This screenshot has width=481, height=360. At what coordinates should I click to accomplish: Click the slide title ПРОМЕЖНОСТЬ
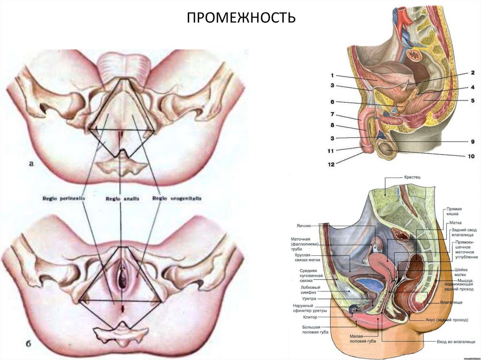pyautogui.click(x=241, y=18)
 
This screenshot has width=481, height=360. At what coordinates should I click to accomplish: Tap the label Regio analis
pyautogui.click(x=122, y=199)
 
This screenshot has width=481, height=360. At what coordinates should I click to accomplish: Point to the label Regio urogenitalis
pyautogui.click(x=177, y=199)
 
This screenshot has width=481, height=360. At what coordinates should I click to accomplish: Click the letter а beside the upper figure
pyautogui.click(x=31, y=164)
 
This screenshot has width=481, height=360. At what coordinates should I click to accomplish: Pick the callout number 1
pyautogui.click(x=332, y=76)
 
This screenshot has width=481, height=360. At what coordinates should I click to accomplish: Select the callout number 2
pyautogui.click(x=472, y=73)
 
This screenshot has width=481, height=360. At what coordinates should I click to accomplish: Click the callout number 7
pyautogui.click(x=332, y=114)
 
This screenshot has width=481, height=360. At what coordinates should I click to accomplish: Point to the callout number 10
pyautogui.click(x=471, y=155)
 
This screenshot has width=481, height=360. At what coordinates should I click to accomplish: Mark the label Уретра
pyautogui.click(x=310, y=299)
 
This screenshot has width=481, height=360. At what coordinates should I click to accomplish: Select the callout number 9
pyautogui.click(x=472, y=141)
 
